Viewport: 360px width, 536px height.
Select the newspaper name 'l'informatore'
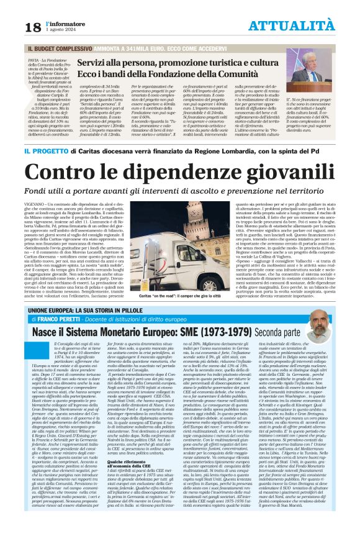(65, 23)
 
